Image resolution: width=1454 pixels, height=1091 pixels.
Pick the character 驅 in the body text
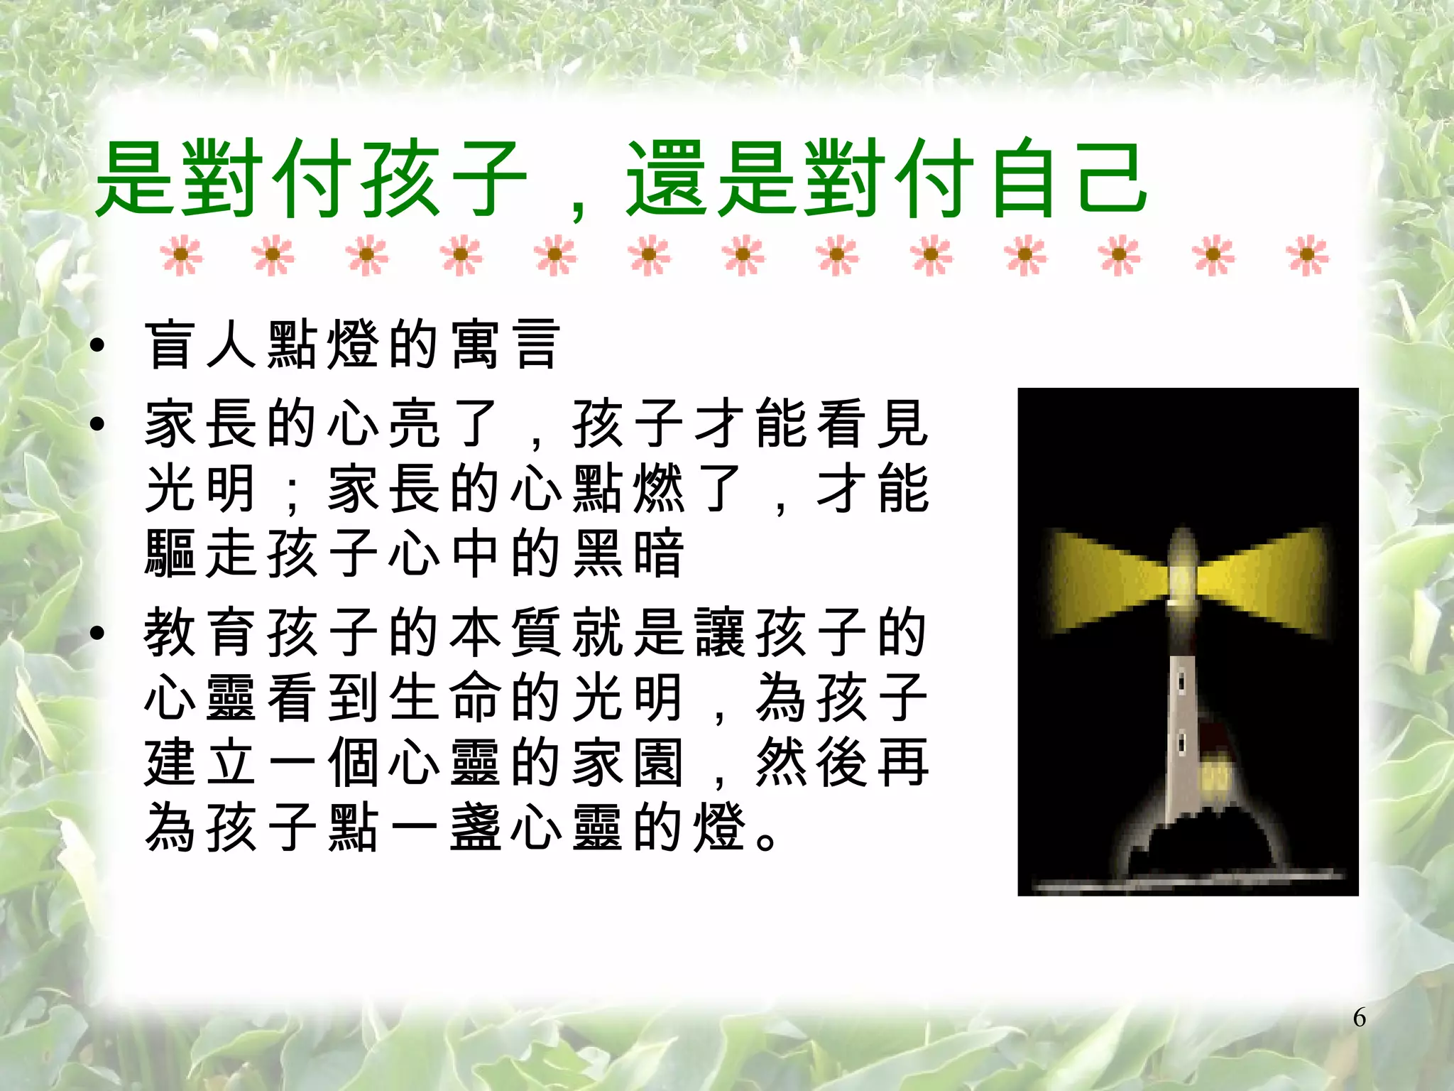pos(170,553)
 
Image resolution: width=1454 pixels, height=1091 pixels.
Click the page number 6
pos(1359,1018)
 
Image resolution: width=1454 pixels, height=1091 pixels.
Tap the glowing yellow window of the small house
pos(1215,777)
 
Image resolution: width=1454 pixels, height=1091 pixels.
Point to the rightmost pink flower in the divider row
pos(1307,255)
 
